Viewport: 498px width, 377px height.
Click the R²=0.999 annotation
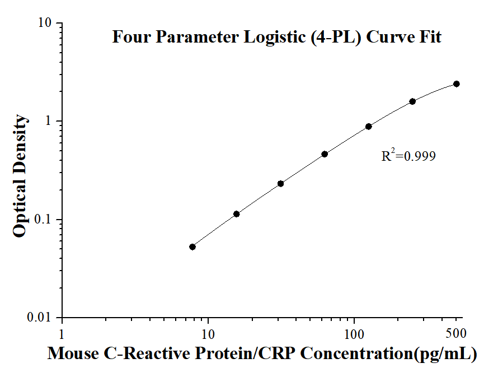(408, 156)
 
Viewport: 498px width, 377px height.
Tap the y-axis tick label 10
(45, 24)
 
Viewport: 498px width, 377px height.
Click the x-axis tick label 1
(62, 333)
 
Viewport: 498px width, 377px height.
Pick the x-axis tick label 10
(208, 333)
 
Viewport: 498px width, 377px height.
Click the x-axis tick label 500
(457, 333)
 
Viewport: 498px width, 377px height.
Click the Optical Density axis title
(20, 175)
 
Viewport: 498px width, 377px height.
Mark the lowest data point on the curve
(192, 246)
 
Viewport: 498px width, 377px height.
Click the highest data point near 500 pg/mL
(457, 84)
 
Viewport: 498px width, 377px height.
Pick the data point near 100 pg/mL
(369, 127)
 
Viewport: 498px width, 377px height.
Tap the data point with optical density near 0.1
(237, 214)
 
